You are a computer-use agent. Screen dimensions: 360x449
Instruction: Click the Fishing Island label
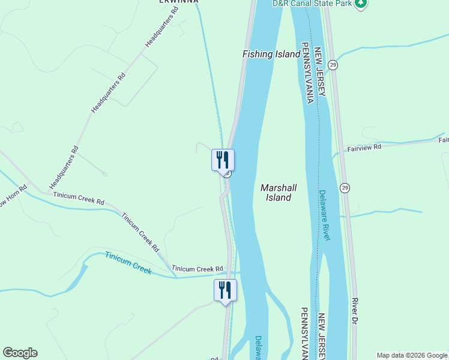click(x=271, y=54)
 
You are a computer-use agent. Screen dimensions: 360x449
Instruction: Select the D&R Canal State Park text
click(x=311, y=4)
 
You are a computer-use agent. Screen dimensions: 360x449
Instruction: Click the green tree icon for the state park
click(x=360, y=4)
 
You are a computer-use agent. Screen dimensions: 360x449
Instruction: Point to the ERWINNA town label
click(x=178, y=2)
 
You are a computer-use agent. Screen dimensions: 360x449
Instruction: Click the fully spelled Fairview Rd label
click(x=364, y=147)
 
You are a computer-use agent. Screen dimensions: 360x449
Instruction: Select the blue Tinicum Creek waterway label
click(x=128, y=263)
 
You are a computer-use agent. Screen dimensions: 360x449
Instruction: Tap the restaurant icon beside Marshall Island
click(x=223, y=160)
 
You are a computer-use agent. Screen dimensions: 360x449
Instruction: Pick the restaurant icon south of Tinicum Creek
click(x=226, y=290)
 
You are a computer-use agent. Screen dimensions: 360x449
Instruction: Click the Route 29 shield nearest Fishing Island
click(x=333, y=65)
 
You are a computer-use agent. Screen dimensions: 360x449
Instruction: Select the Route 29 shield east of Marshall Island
click(x=345, y=187)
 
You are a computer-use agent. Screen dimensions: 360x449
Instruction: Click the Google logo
click(x=20, y=353)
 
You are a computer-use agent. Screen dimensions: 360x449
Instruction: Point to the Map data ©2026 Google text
click(x=412, y=355)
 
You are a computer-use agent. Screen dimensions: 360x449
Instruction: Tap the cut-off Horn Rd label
click(x=13, y=194)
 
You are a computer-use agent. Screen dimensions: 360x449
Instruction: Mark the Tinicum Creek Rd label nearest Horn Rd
click(x=79, y=199)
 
